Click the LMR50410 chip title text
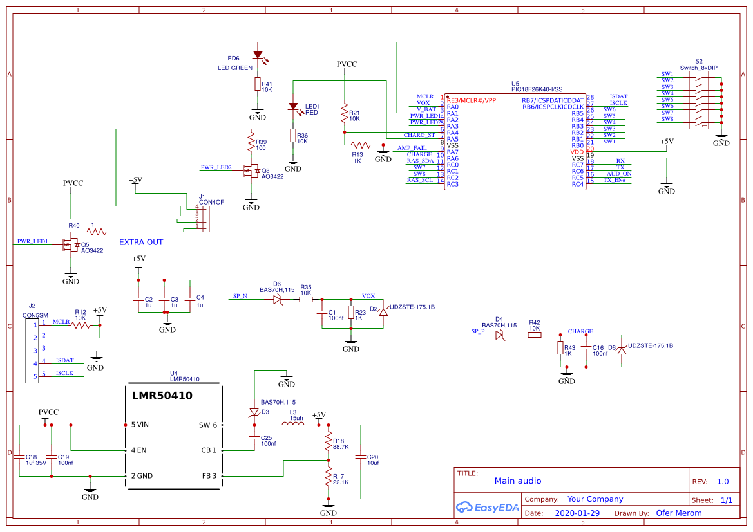(x=162, y=396)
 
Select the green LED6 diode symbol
(x=258, y=55)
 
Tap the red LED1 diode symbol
(x=293, y=106)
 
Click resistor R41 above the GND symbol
(x=257, y=84)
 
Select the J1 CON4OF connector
(x=205, y=218)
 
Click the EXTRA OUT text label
(x=141, y=243)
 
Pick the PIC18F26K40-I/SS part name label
(x=537, y=90)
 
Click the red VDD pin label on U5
(x=577, y=152)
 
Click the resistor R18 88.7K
(x=329, y=443)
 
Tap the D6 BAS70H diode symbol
(x=277, y=299)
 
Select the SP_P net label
(x=477, y=331)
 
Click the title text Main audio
(x=517, y=481)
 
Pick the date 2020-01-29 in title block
(x=577, y=513)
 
